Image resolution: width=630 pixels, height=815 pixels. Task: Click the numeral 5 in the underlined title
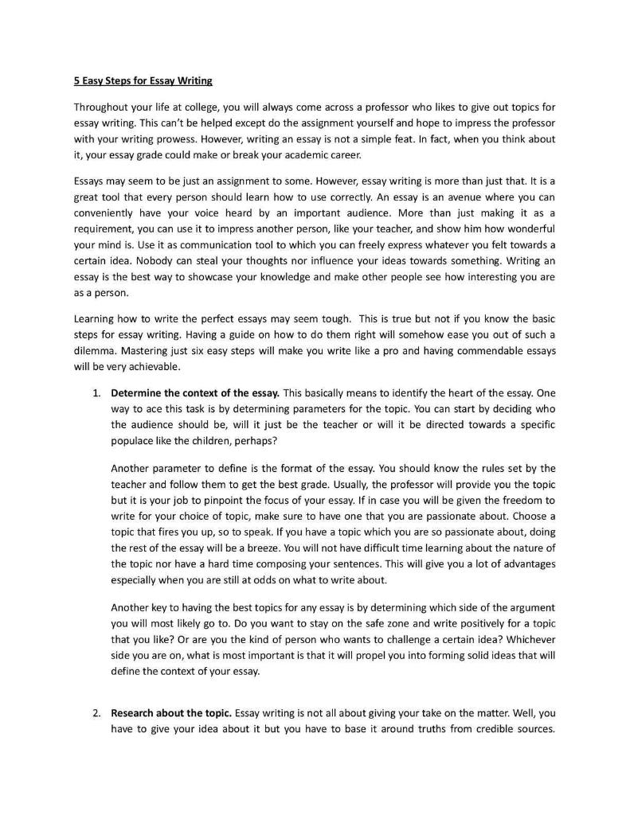pyautogui.click(x=77, y=81)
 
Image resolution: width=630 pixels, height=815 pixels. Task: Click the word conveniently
pyautogui.click(x=109, y=213)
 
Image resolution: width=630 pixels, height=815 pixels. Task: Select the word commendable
pyautogui.click(x=484, y=350)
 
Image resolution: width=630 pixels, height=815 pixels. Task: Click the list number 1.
pyautogui.click(x=96, y=392)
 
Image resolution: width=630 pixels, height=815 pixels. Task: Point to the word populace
pyautogui.click(x=132, y=440)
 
